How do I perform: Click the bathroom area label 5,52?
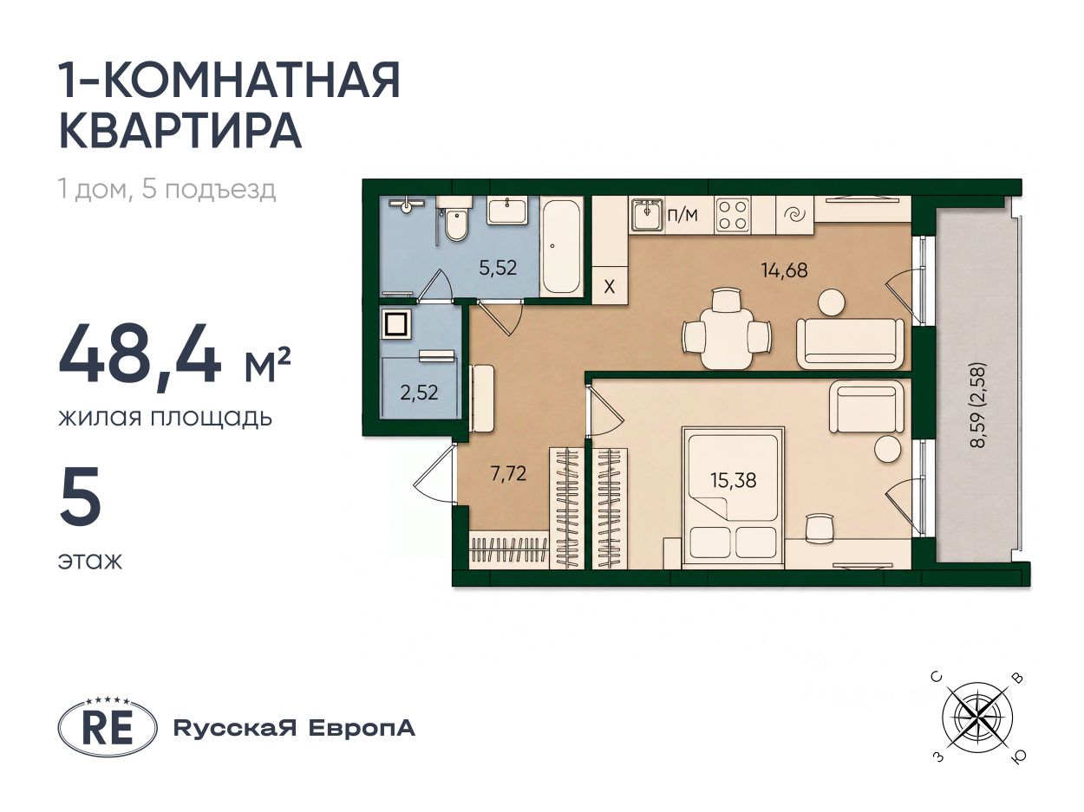click(498, 268)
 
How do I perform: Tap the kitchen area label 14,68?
click(784, 270)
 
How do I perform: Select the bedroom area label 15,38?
click(734, 480)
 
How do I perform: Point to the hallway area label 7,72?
click(508, 473)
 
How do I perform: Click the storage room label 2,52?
click(419, 393)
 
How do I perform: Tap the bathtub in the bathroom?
click(561, 246)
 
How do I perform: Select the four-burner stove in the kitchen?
click(733, 216)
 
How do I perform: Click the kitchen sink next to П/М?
click(647, 215)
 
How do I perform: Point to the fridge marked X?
click(610, 286)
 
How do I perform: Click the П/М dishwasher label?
click(683, 215)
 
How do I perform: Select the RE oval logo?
click(108, 728)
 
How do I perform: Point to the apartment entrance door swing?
click(434, 473)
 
